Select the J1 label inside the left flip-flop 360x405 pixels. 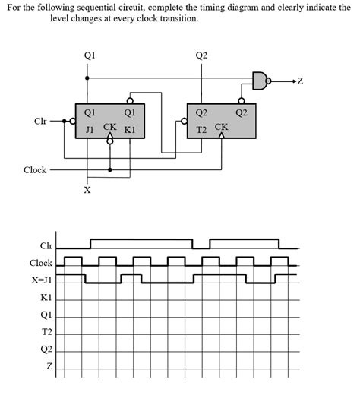90,130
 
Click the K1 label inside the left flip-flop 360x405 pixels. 129,130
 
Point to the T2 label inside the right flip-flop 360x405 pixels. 201,130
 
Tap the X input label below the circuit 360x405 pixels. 87,190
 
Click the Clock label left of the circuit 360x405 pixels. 35,170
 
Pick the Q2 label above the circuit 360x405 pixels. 201,55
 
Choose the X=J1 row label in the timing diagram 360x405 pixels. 41,280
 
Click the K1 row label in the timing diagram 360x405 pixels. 46,297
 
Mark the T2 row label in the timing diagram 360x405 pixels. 46,332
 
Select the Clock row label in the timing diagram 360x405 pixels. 41,263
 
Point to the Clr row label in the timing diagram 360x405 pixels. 46,245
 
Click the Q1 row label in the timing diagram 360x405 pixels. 46,315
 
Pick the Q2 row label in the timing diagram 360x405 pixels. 46,350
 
